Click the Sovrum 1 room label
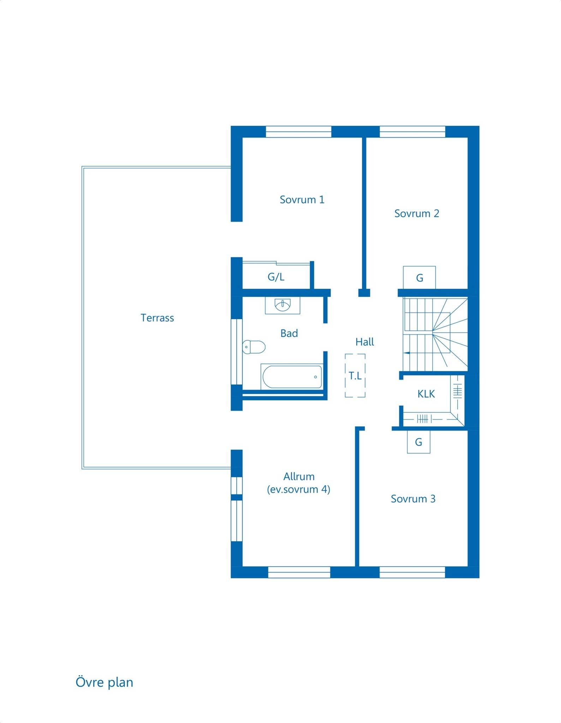click(302, 200)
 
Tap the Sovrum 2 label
click(417, 214)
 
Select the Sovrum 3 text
click(413, 499)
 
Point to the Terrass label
click(157, 318)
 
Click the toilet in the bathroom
click(253, 347)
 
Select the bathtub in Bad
click(292, 377)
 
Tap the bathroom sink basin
click(282, 305)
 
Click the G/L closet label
click(276, 277)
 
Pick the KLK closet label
click(426, 394)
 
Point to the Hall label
click(365, 342)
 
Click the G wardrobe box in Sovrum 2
click(419, 278)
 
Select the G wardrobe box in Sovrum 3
click(418, 442)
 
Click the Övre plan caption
click(105, 682)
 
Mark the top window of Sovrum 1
click(298, 132)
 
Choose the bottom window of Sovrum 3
click(412, 572)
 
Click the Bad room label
click(289, 333)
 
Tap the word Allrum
click(299, 477)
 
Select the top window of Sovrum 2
click(412, 132)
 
